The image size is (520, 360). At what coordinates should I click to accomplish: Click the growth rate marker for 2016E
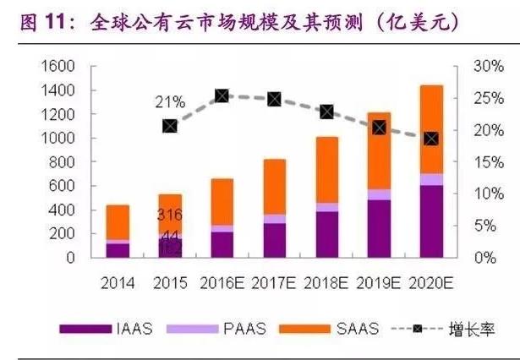pyautogui.click(x=222, y=96)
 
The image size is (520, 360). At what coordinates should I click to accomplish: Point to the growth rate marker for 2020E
pyautogui.click(x=430, y=139)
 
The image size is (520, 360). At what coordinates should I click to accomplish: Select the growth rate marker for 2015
pyautogui.click(x=169, y=126)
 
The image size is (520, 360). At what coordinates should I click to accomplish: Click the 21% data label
pyautogui.click(x=169, y=103)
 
